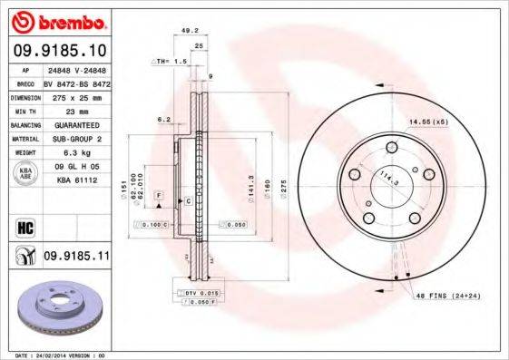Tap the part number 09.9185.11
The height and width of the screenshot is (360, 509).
point(76,257)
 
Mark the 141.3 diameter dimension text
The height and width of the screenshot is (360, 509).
point(248,182)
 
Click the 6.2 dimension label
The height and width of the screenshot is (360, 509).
point(163,119)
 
